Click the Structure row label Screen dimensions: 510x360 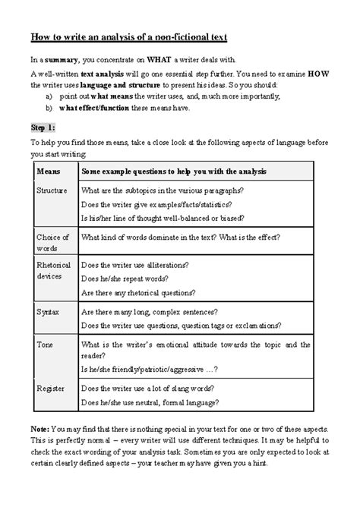[52, 190]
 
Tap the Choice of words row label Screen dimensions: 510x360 [53, 243]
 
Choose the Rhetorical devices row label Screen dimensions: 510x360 [54, 271]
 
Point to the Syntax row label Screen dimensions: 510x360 [48, 312]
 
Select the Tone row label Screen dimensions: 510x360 [46, 344]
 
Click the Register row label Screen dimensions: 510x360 [51, 388]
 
